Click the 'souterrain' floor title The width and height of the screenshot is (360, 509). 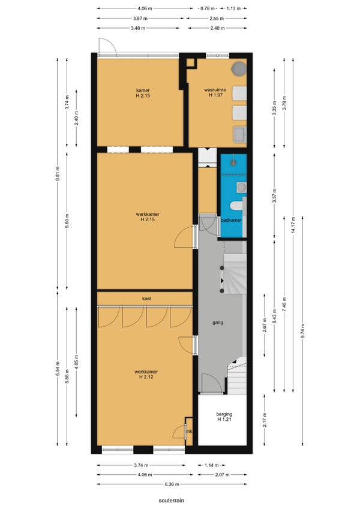pos(171,500)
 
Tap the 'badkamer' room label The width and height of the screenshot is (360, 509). pos(231,220)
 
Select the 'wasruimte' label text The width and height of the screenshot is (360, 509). pos(215,89)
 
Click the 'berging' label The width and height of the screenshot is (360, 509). pos(224,414)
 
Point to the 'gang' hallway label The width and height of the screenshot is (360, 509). pos(218,323)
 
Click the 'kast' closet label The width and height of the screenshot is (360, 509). pos(146,299)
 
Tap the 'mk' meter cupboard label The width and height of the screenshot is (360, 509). pos(189,432)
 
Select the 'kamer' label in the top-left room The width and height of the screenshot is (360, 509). pos(143,91)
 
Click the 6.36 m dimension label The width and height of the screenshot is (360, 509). pos(172,484)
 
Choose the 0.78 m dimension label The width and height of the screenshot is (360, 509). pos(208,8)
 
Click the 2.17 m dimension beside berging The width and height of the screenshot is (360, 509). pos(265,420)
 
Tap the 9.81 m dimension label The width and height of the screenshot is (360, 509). pos(58,174)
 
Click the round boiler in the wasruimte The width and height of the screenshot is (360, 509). pos(239,68)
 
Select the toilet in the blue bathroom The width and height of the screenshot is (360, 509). pos(235,206)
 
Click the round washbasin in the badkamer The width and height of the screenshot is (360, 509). pos(241,187)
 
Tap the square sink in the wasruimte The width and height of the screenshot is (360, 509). pos(239,134)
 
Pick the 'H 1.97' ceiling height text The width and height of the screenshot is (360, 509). pos(215,95)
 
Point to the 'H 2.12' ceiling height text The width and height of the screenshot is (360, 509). pos(146,377)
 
